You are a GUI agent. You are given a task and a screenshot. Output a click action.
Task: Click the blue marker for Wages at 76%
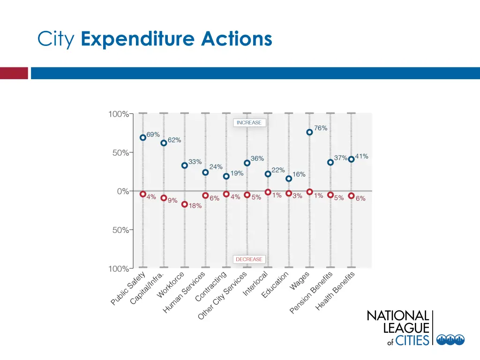coord(309,132)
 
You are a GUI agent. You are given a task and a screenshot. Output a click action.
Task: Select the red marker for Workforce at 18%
coord(185,204)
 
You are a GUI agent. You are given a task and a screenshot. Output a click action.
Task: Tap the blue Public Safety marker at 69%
coord(143,138)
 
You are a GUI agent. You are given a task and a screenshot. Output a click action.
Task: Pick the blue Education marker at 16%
coord(289,179)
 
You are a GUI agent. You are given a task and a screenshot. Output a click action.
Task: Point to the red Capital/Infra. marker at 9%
coord(164,198)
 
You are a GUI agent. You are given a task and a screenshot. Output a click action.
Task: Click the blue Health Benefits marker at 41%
coord(351,159)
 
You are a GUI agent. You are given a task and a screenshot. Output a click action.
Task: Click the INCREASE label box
coord(249,123)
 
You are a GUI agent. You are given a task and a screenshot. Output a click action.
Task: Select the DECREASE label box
coord(249,259)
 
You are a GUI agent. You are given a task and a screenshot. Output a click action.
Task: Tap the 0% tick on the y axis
coord(122,191)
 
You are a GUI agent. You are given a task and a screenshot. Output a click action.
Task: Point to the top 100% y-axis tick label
coord(119,114)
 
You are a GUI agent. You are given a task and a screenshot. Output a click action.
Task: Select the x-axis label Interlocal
coord(255,284)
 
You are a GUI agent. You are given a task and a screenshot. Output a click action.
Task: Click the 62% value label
coord(174,140)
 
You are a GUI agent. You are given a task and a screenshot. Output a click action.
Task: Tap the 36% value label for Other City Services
coord(257,158)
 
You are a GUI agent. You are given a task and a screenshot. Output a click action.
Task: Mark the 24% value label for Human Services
coord(216,166)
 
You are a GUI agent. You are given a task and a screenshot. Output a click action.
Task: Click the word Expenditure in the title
coord(138,39)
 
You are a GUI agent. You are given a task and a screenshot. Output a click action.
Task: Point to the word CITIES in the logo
coord(412,340)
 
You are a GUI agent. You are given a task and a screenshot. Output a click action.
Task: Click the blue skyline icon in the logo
coord(450,340)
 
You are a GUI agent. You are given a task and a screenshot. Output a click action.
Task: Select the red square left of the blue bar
coord(14,73)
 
